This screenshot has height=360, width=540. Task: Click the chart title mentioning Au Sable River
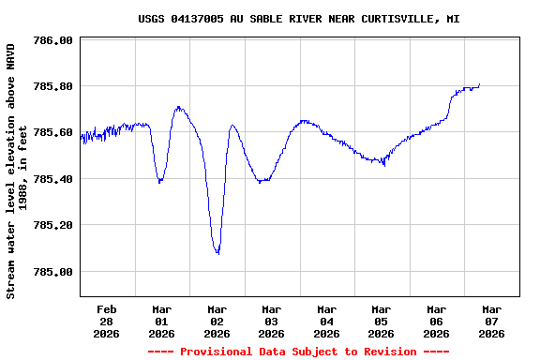pyautogui.click(x=298, y=19)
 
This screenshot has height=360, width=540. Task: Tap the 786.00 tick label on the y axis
pyautogui.click(x=52, y=40)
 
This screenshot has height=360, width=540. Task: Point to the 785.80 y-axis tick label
pyautogui.click(x=52, y=86)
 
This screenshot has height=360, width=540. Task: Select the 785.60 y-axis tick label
pyautogui.click(x=52, y=132)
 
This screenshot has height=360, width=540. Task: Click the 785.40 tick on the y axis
pyautogui.click(x=52, y=179)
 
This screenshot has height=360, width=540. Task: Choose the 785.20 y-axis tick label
pyautogui.click(x=52, y=225)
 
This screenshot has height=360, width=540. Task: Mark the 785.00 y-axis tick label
pyautogui.click(x=52, y=272)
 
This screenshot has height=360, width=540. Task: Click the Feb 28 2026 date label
pyautogui.click(x=107, y=321)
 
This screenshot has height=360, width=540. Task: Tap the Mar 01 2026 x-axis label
pyautogui.click(x=161, y=321)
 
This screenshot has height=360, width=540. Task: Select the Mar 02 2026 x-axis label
pyautogui.click(x=217, y=321)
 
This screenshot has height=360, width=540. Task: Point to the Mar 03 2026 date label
pyautogui.click(x=271, y=321)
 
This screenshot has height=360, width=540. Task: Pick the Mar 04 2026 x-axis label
pyautogui.click(x=326, y=321)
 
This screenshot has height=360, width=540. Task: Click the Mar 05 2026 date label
pyautogui.click(x=381, y=321)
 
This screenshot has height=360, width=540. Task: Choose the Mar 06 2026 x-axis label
pyautogui.click(x=436, y=321)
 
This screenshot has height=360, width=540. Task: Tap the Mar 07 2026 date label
pyautogui.click(x=491, y=321)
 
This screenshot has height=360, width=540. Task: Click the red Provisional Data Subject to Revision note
pyautogui.click(x=298, y=352)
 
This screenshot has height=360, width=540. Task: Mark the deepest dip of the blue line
pyautogui.click(x=217, y=253)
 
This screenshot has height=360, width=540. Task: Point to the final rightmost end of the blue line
pyautogui.click(x=480, y=84)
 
